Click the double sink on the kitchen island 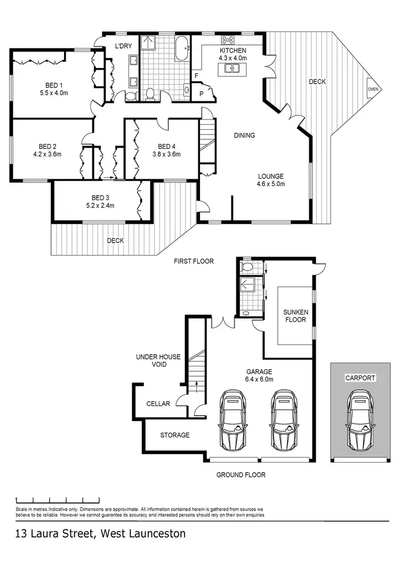tap(231, 68)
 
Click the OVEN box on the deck tap(373, 89)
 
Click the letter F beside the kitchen tap(197, 76)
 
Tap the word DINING tap(244, 135)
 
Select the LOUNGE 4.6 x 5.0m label tap(271, 180)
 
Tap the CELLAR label tap(158, 404)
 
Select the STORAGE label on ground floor tap(175, 435)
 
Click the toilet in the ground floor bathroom tap(246, 265)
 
